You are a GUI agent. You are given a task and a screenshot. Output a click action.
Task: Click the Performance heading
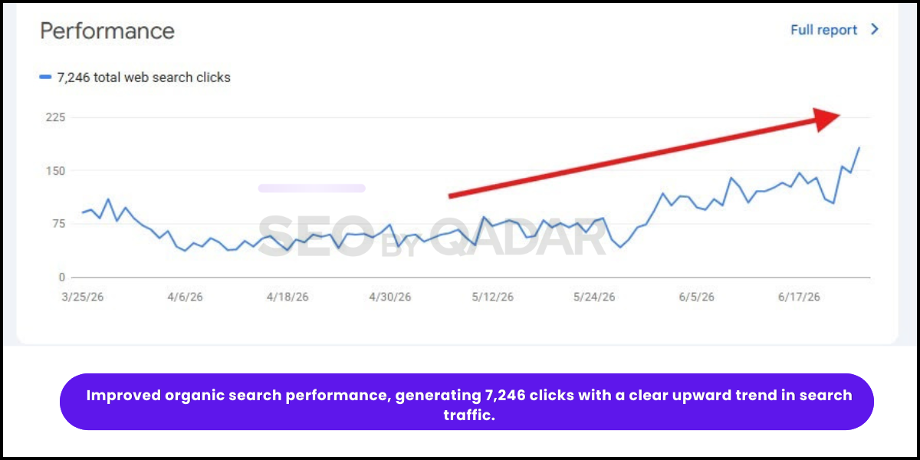(107, 31)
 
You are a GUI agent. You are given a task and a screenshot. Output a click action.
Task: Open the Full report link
(823, 30)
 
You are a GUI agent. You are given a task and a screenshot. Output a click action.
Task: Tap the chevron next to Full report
(875, 29)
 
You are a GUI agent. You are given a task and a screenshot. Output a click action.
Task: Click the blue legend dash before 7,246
(45, 77)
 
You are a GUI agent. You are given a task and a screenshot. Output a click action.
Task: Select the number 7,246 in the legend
(73, 77)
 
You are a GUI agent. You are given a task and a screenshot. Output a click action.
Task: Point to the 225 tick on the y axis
(55, 117)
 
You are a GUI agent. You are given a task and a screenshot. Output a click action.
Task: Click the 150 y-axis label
(55, 171)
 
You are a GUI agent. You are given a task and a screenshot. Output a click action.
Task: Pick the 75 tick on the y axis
(59, 224)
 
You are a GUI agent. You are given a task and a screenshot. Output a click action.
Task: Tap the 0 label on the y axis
(61, 278)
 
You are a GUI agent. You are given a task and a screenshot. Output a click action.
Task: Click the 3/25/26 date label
(83, 297)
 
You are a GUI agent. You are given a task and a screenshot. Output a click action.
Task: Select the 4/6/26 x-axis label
(185, 297)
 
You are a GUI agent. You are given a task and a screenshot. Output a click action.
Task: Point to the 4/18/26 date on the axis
(287, 297)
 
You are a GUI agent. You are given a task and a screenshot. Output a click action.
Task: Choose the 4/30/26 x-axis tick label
(389, 297)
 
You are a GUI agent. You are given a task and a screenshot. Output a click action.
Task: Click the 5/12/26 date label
(492, 297)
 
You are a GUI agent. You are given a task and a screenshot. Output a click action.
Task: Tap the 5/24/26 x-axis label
(594, 297)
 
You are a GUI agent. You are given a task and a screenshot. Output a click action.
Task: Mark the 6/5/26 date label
(697, 297)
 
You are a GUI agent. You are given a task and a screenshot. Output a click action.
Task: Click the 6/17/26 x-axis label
(799, 297)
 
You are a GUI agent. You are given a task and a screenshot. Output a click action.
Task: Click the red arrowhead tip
(840, 116)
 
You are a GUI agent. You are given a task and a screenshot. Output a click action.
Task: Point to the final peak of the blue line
(859, 147)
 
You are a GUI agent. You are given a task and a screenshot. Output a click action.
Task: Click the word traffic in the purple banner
(469, 415)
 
